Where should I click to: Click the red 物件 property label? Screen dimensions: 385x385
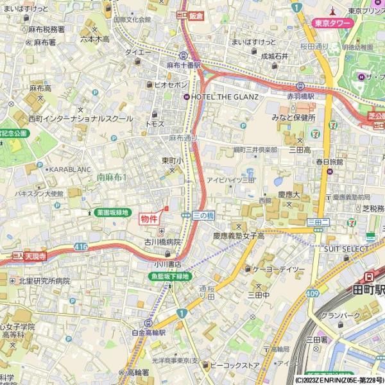point(149,218)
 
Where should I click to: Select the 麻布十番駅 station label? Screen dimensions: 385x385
point(184,65)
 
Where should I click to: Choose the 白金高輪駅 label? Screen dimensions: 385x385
point(148,333)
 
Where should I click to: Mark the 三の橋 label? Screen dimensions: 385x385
point(202,216)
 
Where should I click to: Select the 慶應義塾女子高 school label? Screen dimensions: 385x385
point(239,236)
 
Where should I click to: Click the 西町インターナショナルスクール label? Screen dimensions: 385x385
point(80,119)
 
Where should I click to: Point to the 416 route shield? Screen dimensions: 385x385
point(80,246)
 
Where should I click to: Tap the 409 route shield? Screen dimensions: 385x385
point(312,293)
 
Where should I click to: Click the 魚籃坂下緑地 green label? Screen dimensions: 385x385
point(169,277)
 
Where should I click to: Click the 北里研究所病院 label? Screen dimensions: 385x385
point(44,281)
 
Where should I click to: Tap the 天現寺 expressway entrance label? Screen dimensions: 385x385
point(37,255)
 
